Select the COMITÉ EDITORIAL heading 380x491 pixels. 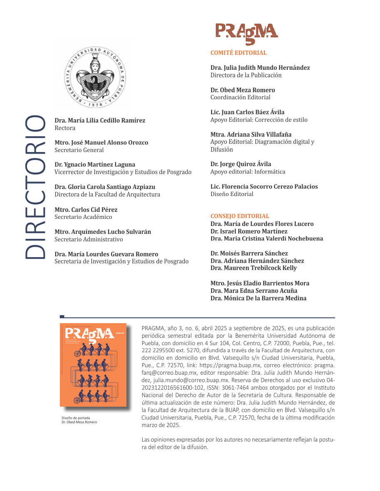238,53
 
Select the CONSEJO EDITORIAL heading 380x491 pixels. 239,216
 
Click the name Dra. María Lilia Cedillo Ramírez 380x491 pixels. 100,120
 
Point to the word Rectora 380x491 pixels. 65,128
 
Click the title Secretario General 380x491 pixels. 79,150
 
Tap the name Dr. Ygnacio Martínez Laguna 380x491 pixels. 95,164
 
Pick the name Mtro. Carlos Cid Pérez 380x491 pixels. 86,209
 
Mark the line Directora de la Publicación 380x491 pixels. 246,75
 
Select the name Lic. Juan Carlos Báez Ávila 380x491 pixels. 247,112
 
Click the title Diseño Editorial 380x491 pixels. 232,194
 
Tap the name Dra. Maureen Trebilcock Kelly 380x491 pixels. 254,268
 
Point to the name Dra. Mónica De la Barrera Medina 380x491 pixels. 258,298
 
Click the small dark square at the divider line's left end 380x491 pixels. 62,317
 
